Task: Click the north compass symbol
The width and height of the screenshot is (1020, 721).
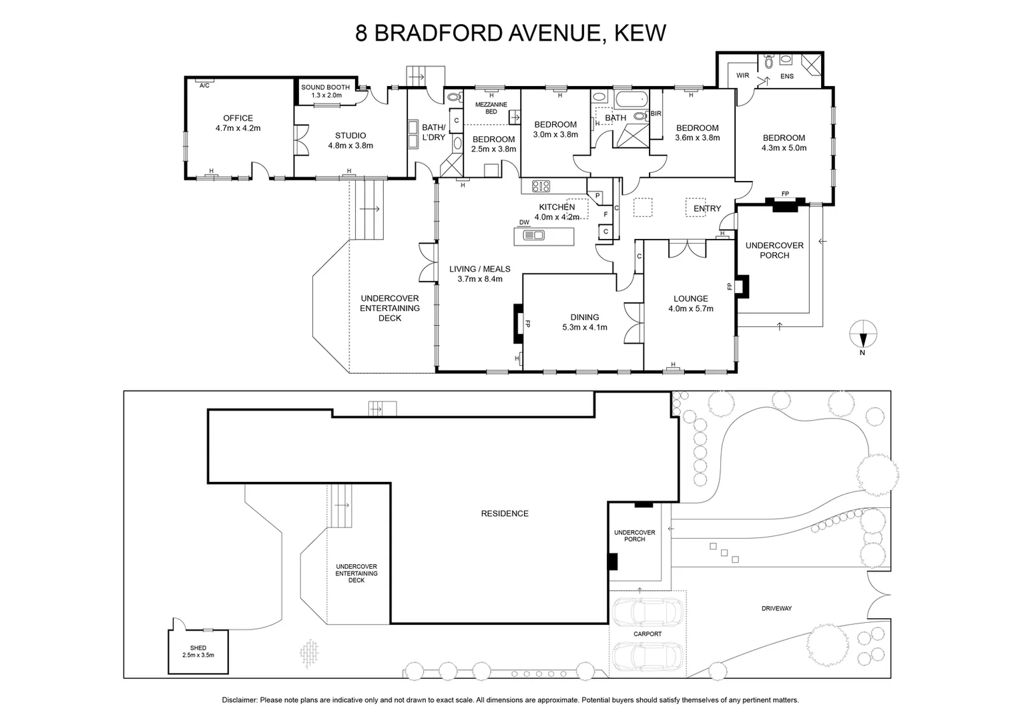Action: pos(862,332)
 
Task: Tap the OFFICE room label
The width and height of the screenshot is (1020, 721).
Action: pos(238,118)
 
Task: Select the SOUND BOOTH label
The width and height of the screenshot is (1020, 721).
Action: pos(325,87)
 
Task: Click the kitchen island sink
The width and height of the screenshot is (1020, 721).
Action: pos(535,235)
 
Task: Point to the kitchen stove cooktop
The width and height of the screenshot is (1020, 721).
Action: pos(540,186)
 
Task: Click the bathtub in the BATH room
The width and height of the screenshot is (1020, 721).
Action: pos(631,101)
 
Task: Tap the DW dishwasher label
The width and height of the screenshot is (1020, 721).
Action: pos(524,223)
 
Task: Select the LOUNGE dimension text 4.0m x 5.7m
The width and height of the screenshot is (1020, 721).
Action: pos(690,308)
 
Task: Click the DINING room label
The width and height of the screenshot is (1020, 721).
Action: pos(584,317)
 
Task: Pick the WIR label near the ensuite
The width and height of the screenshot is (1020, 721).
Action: pos(743,76)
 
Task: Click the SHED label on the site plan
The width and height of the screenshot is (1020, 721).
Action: pos(198,648)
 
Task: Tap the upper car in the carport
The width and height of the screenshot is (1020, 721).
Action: pos(648,611)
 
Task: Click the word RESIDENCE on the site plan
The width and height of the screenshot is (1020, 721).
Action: pos(505,513)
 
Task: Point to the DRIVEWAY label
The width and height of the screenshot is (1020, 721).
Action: pos(776,608)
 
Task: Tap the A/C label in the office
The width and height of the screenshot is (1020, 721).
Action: pos(205,85)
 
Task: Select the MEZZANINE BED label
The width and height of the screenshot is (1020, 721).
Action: pos(491,108)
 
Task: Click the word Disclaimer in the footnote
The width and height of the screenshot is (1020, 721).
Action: pos(239,700)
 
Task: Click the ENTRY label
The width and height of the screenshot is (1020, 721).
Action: pos(707,208)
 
